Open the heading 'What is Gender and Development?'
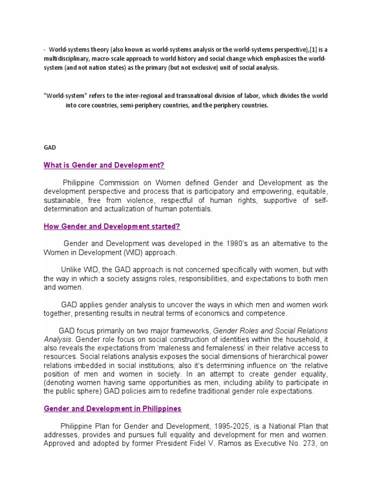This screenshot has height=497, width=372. coord(104,166)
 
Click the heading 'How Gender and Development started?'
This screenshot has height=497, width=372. coord(112,226)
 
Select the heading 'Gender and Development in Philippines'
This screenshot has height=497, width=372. coord(113,409)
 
